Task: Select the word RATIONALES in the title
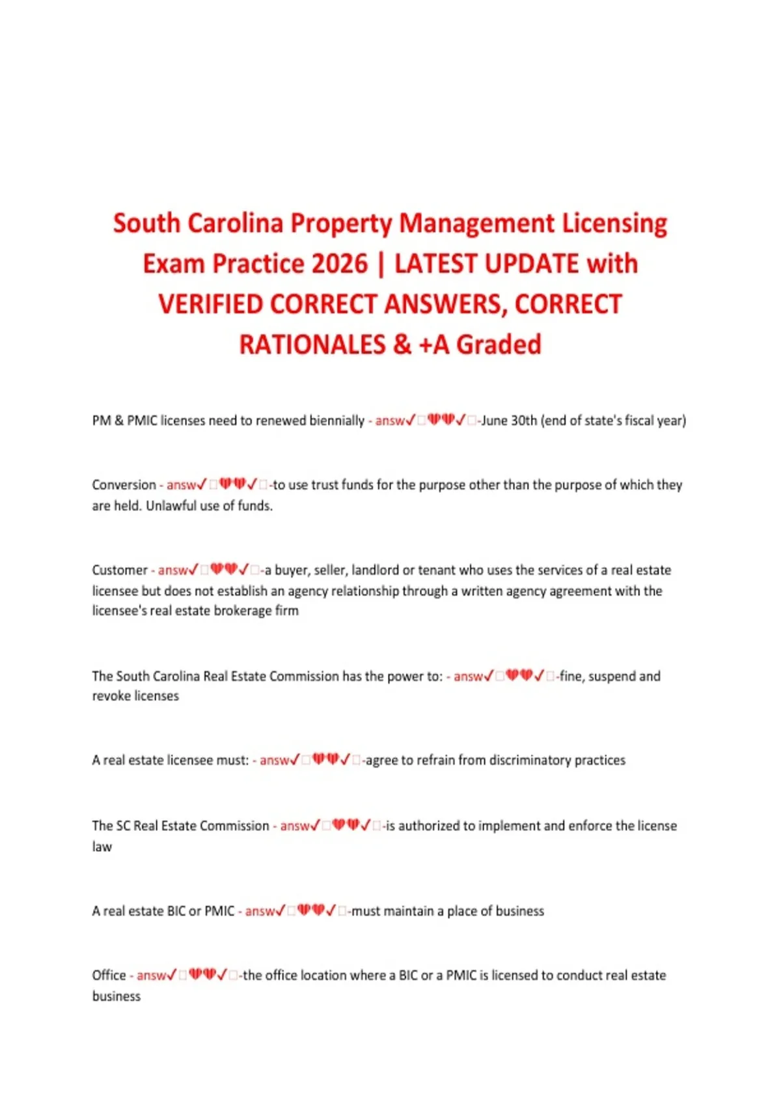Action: (312, 344)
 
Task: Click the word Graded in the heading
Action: (499, 344)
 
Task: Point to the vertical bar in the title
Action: (381, 264)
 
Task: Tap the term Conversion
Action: (124, 485)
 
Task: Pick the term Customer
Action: (120, 570)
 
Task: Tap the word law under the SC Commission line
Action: (102, 847)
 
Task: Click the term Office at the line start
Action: (109, 975)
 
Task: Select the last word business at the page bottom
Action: (116, 996)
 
